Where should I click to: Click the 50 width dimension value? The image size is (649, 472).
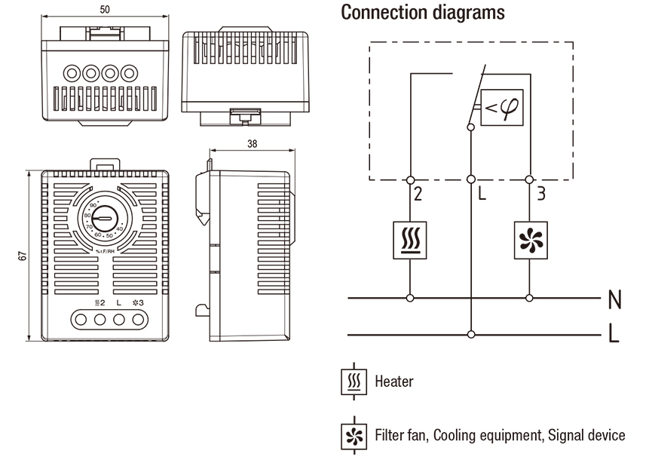pos(104,9)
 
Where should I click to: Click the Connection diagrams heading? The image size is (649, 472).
pos(423,13)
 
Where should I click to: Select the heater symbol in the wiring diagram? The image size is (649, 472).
pos(410,241)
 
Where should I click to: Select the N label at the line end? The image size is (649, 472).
pos(614,299)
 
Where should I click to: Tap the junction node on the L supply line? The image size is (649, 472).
pos(471,333)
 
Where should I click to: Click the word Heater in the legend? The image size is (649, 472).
pos(394,382)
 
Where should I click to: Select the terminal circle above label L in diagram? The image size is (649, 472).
pos(471,179)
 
